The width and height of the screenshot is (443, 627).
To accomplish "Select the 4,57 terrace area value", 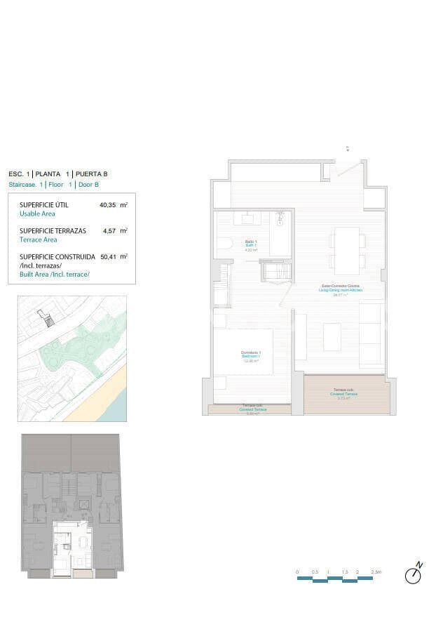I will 109,230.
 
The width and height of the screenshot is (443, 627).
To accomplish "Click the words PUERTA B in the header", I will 92,173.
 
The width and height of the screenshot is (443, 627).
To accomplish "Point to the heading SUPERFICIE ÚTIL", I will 46,205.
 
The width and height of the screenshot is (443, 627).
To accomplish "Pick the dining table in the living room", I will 347,251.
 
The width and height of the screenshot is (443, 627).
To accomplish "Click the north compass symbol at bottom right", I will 414,575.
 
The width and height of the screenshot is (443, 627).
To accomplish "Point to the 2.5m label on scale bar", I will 376,572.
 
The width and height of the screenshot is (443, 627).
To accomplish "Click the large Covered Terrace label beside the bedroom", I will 346,393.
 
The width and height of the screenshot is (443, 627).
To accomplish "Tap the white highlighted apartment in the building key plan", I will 72,548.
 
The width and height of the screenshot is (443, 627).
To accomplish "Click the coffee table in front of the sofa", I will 332,336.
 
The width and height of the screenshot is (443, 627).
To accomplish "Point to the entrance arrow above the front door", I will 347,148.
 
